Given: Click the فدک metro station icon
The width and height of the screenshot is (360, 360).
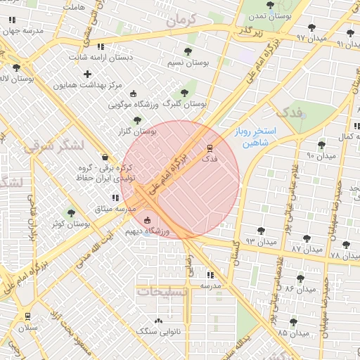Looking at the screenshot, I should click(x=209, y=148).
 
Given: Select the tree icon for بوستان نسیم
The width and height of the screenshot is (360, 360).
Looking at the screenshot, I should click(x=188, y=51).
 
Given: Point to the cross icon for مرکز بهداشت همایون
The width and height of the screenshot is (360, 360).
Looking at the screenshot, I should click(x=87, y=74).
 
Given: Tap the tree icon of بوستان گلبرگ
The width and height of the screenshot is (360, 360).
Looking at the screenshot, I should click(x=184, y=92).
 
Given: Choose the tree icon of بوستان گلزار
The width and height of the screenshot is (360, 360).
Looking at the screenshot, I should click(x=138, y=120).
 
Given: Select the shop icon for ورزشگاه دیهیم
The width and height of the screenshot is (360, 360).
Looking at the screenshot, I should click(x=147, y=220).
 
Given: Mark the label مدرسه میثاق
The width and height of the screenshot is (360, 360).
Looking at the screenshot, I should click(x=115, y=210).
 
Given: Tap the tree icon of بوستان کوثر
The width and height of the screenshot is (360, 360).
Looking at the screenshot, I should click(x=70, y=212).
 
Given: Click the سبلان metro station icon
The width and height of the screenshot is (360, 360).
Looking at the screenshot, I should click(x=28, y=316).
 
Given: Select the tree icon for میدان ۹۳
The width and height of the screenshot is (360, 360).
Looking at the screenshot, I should click(x=261, y=231).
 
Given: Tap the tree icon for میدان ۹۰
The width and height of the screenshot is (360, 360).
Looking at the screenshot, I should click(x=321, y=145).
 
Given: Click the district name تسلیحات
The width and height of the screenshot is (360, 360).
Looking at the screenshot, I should click(x=162, y=292).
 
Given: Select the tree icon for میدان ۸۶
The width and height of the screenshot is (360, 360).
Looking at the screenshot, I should click(x=300, y=278).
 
